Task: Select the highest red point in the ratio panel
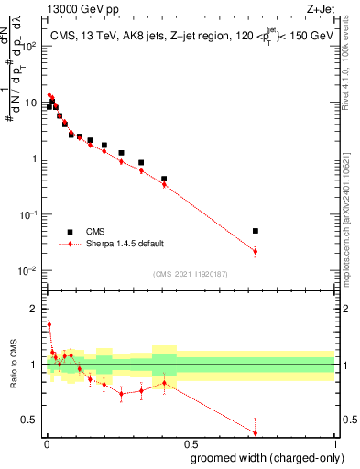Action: pos(49,324)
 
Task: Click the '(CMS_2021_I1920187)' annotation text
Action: pos(189,274)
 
